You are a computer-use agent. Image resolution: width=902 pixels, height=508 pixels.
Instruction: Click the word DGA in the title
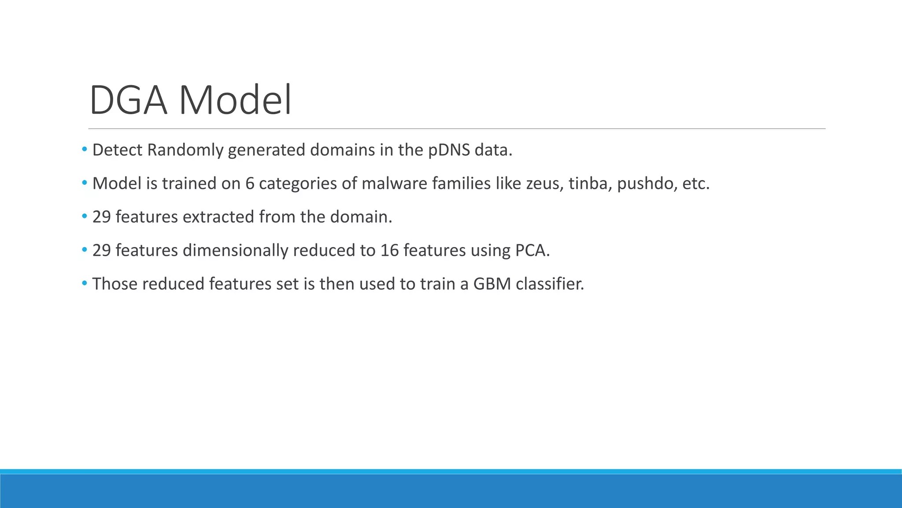point(128,101)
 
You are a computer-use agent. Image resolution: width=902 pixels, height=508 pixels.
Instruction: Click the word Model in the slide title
point(235,101)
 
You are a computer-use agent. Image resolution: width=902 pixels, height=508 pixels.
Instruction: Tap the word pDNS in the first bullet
point(449,150)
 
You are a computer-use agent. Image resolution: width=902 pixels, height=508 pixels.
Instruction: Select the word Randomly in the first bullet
point(185,150)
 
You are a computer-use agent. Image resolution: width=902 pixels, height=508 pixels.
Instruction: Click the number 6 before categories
point(250,184)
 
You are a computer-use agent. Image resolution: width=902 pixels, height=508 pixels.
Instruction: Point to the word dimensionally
point(235,251)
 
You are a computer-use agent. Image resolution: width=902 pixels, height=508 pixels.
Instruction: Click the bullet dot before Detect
point(84,150)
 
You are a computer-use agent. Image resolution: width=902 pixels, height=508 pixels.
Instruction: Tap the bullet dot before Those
point(84,284)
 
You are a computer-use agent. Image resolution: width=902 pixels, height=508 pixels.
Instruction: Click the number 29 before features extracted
point(101,217)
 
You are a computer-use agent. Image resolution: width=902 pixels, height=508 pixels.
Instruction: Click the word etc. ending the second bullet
point(695,184)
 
